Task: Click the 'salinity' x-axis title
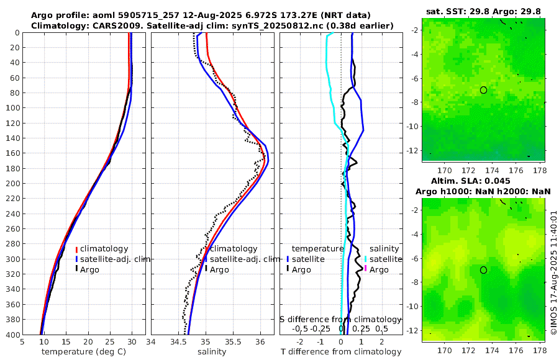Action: click(211, 352)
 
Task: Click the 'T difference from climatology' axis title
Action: click(342, 352)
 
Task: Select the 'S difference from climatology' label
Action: click(340, 319)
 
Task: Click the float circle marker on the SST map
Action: click(484, 90)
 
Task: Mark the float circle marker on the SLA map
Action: click(484, 270)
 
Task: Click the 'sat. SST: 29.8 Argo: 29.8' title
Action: click(484, 11)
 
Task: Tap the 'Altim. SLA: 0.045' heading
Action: click(484, 181)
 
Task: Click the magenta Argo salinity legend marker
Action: click(366, 269)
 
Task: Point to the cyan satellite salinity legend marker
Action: click(366, 259)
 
